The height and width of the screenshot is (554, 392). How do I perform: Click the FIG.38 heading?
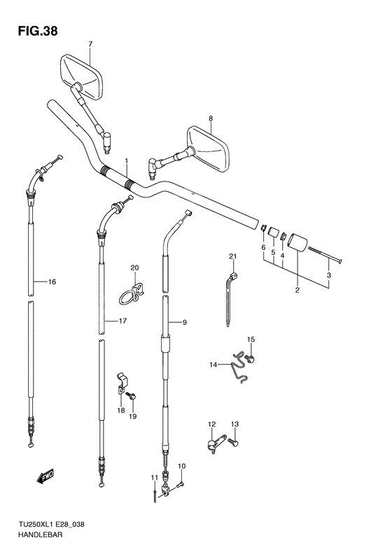pos(37,32)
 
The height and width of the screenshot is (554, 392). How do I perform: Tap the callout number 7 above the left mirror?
pos(90,44)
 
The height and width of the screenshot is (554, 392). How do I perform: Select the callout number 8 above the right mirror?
pos(211,119)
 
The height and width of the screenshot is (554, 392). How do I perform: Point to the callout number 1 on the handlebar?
pos(126,162)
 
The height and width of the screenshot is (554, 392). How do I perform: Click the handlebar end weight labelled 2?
pos(298,242)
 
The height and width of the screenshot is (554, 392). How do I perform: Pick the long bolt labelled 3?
pos(325,255)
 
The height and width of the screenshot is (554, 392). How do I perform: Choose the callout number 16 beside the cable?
pos(52,282)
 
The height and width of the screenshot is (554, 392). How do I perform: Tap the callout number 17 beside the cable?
pos(122,321)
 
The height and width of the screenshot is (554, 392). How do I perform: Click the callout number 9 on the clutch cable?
pos(185,322)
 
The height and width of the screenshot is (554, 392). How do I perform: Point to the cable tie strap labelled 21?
pos(230,298)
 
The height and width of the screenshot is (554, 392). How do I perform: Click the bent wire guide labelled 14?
pos(240,368)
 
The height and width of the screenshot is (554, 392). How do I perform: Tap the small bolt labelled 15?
pos(251,359)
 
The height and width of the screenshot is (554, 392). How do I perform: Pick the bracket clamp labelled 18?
pos(122,383)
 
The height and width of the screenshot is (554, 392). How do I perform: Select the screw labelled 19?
pos(132,396)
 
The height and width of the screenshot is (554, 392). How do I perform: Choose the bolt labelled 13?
pos(234,442)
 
